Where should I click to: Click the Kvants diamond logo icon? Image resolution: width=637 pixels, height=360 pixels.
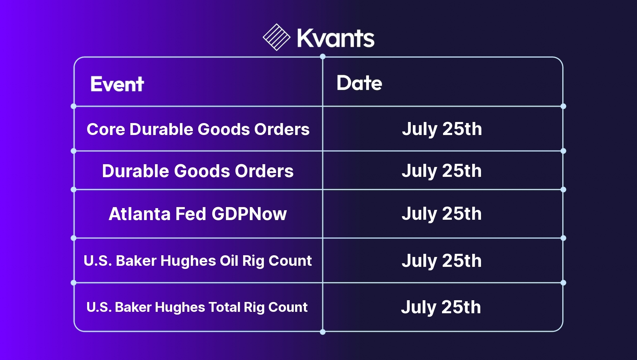(x=277, y=37)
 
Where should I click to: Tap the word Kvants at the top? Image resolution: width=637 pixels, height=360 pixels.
(x=336, y=38)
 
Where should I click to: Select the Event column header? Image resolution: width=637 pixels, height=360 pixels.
(x=117, y=84)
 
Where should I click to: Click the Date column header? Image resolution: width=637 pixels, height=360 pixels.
(x=359, y=83)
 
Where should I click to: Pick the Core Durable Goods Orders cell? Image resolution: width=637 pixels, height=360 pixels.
(x=198, y=129)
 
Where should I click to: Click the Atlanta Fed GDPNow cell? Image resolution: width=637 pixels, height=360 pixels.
(x=198, y=214)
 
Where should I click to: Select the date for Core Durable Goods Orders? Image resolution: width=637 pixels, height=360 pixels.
(x=442, y=129)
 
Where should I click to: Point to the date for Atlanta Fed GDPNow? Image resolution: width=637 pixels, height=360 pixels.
(x=442, y=214)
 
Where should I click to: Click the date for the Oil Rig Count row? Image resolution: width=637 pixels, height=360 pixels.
(x=442, y=261)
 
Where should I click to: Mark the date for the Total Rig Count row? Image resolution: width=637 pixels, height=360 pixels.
(x=441, y=307)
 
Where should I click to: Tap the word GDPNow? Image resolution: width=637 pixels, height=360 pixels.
(x=249, y=214)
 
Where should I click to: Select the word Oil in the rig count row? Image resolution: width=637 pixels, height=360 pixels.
(x=229, y=261)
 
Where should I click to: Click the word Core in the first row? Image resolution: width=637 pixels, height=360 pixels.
(x=106, y=129)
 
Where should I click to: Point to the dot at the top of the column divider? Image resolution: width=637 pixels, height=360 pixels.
(x=323, y=57)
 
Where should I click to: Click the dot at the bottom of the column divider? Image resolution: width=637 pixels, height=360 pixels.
(x=323, y=332)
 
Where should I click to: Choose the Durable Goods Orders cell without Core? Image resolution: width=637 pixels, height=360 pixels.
(x=198, y=171)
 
